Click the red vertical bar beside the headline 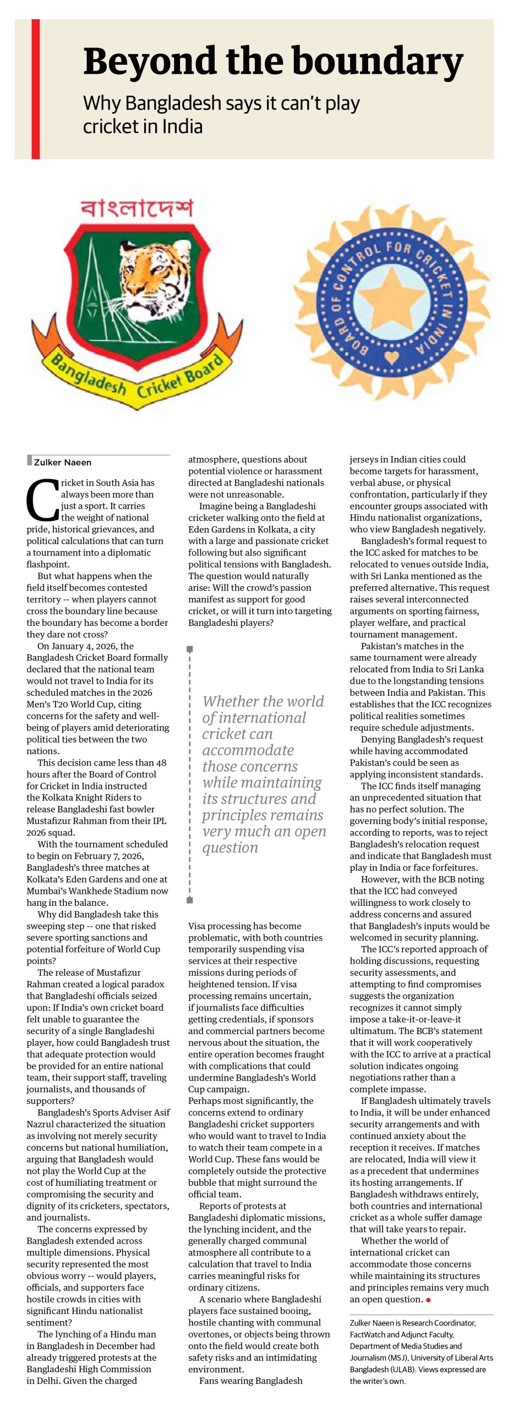[x=36, y=89]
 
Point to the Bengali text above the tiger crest [x=137, y=208]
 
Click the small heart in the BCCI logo [x=391, y=358]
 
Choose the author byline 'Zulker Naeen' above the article [x=63, y=463]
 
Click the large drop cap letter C [x=42, y=500]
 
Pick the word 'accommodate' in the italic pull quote [x=248, y=750]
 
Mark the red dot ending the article [x=428, y=1300]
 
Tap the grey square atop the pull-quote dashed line [x=190, y=649]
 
